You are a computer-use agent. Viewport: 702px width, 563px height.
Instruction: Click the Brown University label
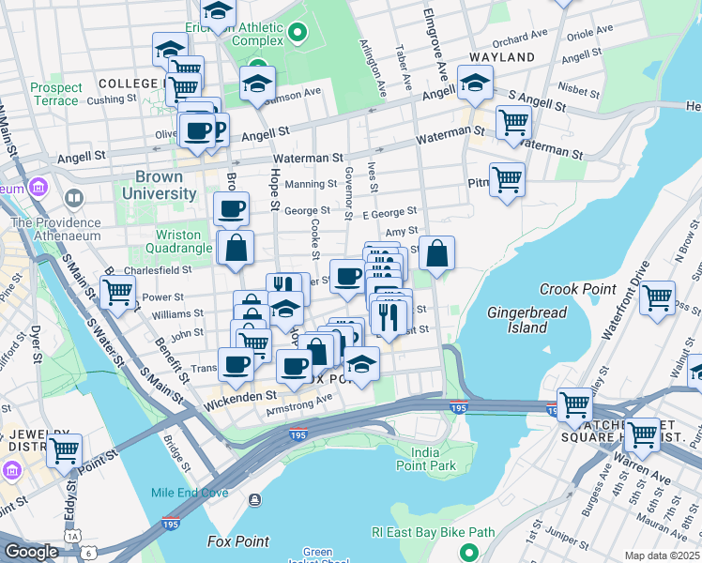tap(165, 185)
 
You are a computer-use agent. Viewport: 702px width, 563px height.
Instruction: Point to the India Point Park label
tap(425, 459)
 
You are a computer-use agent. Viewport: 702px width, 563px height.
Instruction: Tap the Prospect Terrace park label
tap(54, 94)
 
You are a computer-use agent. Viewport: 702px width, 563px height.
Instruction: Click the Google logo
tap(31, 552)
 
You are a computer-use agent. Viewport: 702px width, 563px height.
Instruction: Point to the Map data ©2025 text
tap(662, 555)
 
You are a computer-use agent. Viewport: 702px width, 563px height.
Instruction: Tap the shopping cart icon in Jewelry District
tap(64, 449)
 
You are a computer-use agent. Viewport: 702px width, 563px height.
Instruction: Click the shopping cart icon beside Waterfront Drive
tap(657, 297)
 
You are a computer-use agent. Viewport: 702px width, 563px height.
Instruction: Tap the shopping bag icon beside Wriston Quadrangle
tap(237, 248)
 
